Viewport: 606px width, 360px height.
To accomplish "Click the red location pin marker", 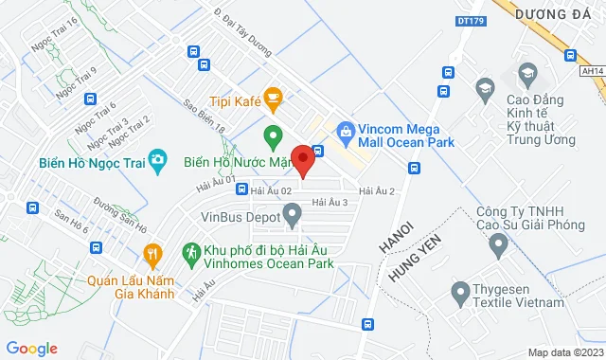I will tap(302, 159).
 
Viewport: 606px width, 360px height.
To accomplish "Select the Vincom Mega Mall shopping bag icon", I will tap(346, 129).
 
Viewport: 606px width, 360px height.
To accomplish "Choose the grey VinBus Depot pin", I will tap(293, 218).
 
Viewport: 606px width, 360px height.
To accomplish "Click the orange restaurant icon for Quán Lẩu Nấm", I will tap(151, 253).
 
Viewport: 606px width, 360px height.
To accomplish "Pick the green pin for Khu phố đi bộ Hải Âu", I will tap(188, 253).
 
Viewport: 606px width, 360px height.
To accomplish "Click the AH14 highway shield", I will tap(592, 70).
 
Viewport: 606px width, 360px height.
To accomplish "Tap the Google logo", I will tap(31, 349).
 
